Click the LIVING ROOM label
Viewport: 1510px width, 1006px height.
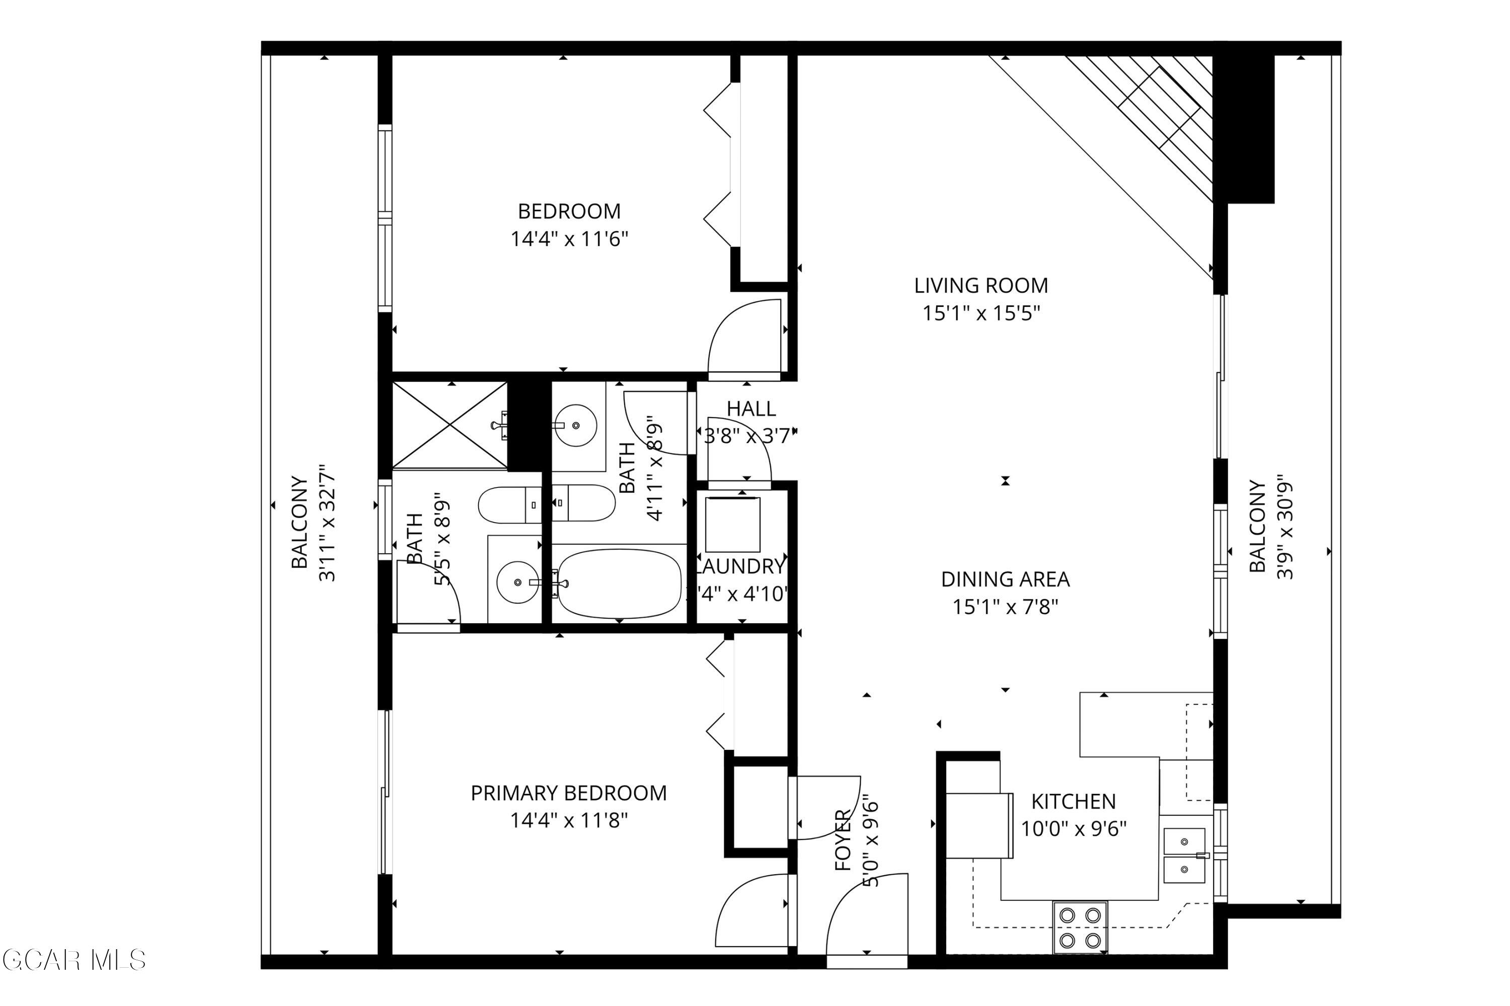(x=980, y=285)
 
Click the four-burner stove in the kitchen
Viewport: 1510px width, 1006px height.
(x=1079, y=928)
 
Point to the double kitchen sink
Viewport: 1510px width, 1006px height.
(x=1184, y=855)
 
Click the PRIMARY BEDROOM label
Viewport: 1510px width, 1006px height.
(x=568, y=793)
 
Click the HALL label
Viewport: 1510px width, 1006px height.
(x=750, y=408)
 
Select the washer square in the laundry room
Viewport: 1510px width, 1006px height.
(x=732, y=524)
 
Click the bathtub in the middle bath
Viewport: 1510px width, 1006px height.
(x=619, y=582)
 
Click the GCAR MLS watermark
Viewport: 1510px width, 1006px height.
(x=74, y=960)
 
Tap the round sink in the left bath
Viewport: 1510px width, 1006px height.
(x=517, y=582)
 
